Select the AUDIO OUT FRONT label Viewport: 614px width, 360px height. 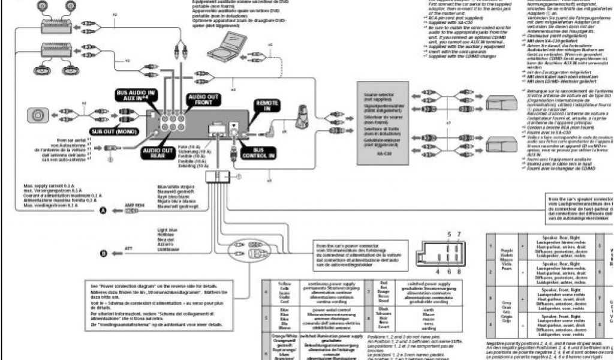[x=204, y=100]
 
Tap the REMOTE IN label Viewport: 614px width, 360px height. [x=267, y=106]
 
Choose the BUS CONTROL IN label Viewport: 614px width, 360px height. [x=258, y=152]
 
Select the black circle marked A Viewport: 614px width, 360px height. [x=103, y=211]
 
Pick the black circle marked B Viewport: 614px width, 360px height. [x=103, y=254]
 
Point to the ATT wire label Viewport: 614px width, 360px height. [x=127, y=247]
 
